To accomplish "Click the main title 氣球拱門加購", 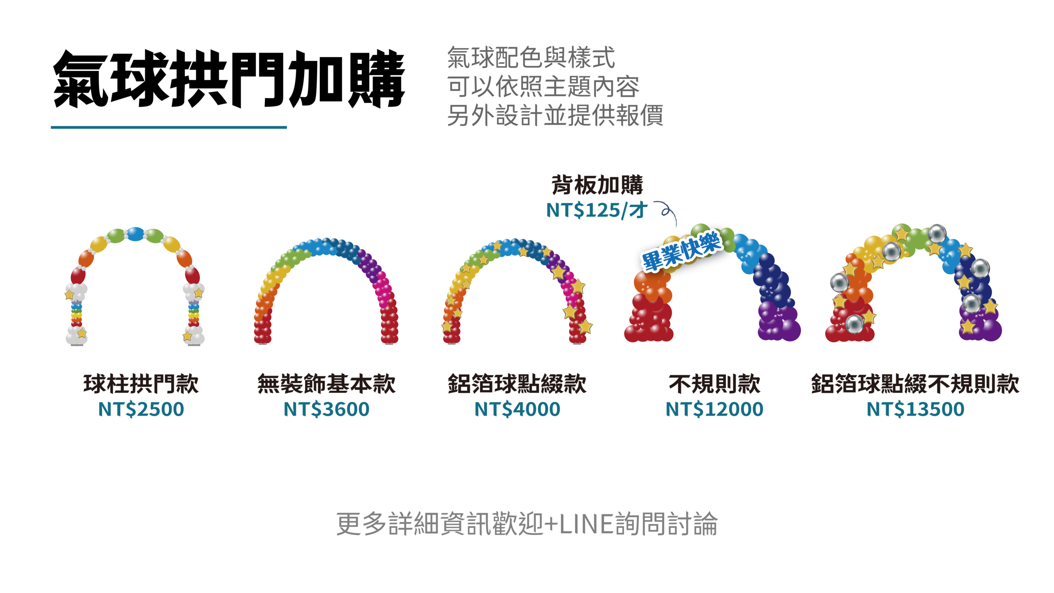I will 229,79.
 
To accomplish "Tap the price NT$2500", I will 141,409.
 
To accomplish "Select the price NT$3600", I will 326,409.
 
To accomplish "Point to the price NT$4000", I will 517,409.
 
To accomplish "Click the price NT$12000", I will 714,409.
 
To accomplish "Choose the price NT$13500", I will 915,409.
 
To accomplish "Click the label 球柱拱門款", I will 141,384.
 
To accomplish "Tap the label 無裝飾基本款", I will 326,384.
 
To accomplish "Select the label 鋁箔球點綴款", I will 517,384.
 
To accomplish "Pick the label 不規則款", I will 714,384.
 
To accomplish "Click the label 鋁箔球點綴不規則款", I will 915,384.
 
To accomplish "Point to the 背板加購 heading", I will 597,185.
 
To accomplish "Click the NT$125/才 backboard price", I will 596,210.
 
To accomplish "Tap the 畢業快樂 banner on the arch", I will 681,251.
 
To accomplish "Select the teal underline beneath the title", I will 169,127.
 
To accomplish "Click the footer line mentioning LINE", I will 527,524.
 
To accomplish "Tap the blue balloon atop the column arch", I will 135,234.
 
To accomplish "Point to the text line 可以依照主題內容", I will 543,86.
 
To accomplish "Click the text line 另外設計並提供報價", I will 555,115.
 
